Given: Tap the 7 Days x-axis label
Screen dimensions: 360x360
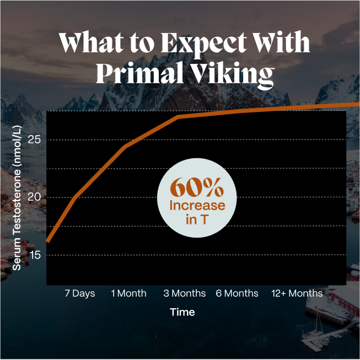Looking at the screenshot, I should (x=80, y=293).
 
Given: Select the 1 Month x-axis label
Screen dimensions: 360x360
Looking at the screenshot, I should (x=128, y=293).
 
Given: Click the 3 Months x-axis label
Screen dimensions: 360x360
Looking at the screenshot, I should (x=185, y=293).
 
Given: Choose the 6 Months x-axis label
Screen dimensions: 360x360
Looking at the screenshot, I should (x=237, y=293).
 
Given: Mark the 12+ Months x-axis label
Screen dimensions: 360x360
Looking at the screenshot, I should (x=297, y=293).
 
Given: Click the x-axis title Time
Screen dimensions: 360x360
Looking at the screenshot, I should (x=182, y=312).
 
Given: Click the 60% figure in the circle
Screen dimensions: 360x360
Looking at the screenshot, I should (x=197, y=189).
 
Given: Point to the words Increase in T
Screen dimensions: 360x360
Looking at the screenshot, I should (x=197, y=213).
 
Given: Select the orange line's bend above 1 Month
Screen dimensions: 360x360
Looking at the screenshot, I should (x=126, y=146).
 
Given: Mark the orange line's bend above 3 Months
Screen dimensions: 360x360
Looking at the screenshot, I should (x=178, y=116).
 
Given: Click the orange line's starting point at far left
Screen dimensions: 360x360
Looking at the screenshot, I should (x=48, y=241).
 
